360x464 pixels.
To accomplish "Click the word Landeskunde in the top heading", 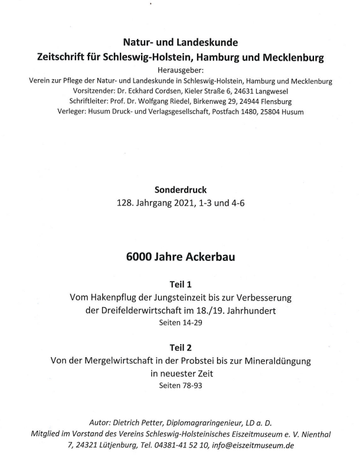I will click(210, 43).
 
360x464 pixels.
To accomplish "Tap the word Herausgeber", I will click(180, 71).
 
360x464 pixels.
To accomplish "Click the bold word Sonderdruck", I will click(180, 191).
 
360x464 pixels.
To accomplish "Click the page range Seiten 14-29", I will click(180, 323).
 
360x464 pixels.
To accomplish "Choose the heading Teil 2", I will click(180, 347).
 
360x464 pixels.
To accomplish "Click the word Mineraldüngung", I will click(273, 361).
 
